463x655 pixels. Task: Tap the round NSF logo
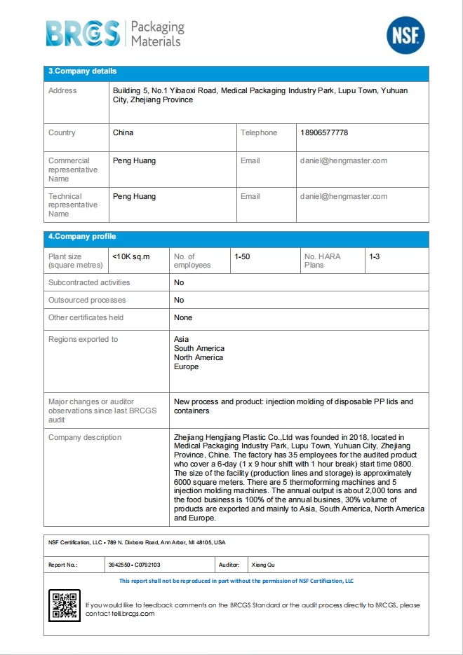click(405, 35)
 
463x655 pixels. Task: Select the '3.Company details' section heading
click(82, 71)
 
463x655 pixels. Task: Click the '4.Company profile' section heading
click(82, 237)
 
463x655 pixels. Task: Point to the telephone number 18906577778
click(324, 133)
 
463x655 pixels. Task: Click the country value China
click(123, 133)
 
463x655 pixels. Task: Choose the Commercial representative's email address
click(344, 161)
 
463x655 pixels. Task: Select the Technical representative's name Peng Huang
click(134, 197)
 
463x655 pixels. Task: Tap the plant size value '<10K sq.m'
click(131, 257)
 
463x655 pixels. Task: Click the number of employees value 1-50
click(242, 257)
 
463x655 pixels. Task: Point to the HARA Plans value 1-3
click(375, 257)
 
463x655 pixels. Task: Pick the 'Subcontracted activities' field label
click(89, 283)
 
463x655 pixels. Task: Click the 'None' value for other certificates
click(183, 318)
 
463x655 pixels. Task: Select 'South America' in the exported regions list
click(199, 349)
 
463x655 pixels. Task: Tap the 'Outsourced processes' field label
click(87, 301)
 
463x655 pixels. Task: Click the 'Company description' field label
click(85, 438)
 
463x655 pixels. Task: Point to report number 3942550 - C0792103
click(135, 565)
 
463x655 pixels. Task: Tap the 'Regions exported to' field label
click(83, 340)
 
